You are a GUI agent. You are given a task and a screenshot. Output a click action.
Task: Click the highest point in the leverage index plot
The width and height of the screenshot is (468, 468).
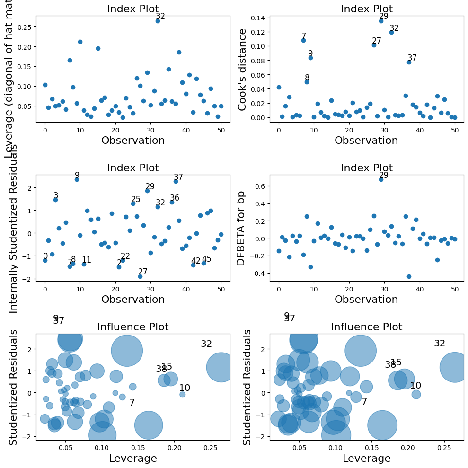click(x=158, y=21)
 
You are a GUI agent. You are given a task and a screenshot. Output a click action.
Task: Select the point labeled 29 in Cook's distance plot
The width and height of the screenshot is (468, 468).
click(x=381, y=21)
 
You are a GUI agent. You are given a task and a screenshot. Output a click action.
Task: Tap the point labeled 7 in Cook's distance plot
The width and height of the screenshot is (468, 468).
click(x=303, y=40)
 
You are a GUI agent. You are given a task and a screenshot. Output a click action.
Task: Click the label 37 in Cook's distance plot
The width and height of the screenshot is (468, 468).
click(x=412, y=58)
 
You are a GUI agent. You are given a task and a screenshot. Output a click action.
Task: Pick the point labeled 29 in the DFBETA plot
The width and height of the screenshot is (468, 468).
click(x=381, y=179)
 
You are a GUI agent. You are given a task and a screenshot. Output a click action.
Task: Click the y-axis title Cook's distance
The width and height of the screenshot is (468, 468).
click(x=243, y=70)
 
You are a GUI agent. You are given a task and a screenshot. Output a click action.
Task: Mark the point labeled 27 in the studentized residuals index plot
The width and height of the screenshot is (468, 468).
click(x=140, y=276)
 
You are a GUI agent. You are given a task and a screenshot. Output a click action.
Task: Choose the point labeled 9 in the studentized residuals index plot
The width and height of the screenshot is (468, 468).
click(x=77, y=179)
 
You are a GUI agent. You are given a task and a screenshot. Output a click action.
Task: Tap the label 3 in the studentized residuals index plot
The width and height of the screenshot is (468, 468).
click(x=56, y=196)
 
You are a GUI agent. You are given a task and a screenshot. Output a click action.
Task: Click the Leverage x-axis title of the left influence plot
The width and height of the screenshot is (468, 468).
click(x=133, y=459)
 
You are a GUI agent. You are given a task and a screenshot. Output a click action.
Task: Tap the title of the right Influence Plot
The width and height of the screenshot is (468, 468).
click(x=366, y=327)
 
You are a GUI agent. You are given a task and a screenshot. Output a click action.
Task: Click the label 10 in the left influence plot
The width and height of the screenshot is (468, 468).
click(x=185, y=388)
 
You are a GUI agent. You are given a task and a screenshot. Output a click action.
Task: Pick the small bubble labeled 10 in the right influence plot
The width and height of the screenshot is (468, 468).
click(x=416, y=394)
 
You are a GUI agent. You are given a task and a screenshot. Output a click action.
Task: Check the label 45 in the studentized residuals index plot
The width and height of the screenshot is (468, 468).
click(x=207, y=259)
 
